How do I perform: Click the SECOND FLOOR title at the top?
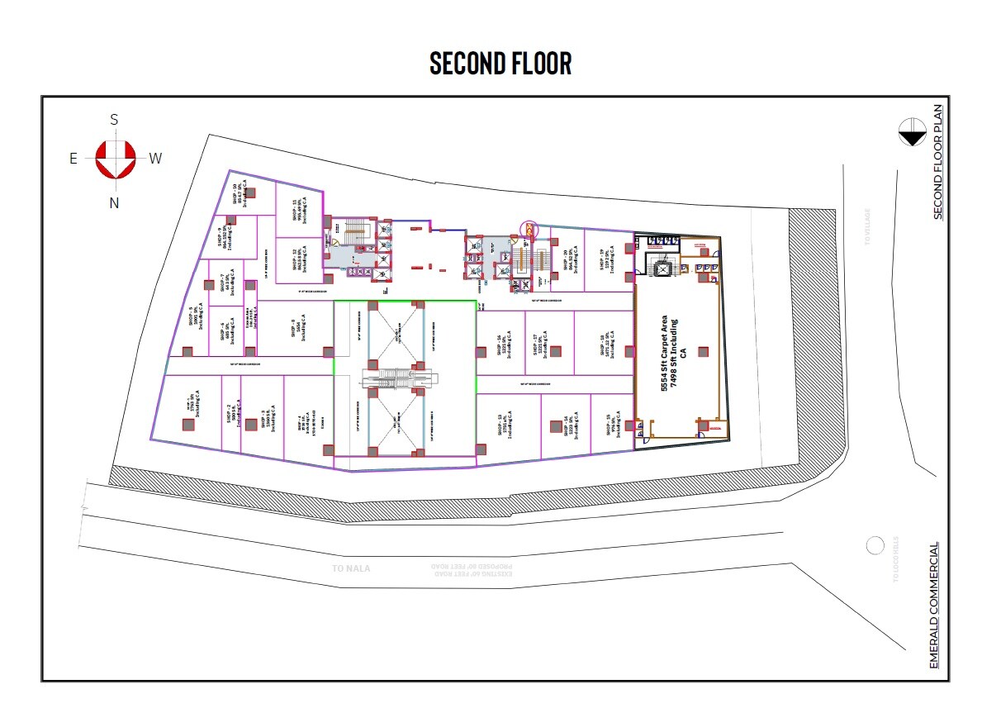click(x=500, y=64)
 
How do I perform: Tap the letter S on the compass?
click(x=114, y=120)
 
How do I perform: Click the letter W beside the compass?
click(x=155, y=159)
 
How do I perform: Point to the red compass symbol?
click(x=115, y=159)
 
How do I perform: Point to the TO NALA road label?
click(x=351, y=568)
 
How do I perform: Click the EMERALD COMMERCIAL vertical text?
click(x=934, y=605)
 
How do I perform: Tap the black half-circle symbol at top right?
click(x=913, y=133)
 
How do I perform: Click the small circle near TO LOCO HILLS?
click(x=874, y=545)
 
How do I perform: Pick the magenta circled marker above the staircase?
click(x=526, y=227)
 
